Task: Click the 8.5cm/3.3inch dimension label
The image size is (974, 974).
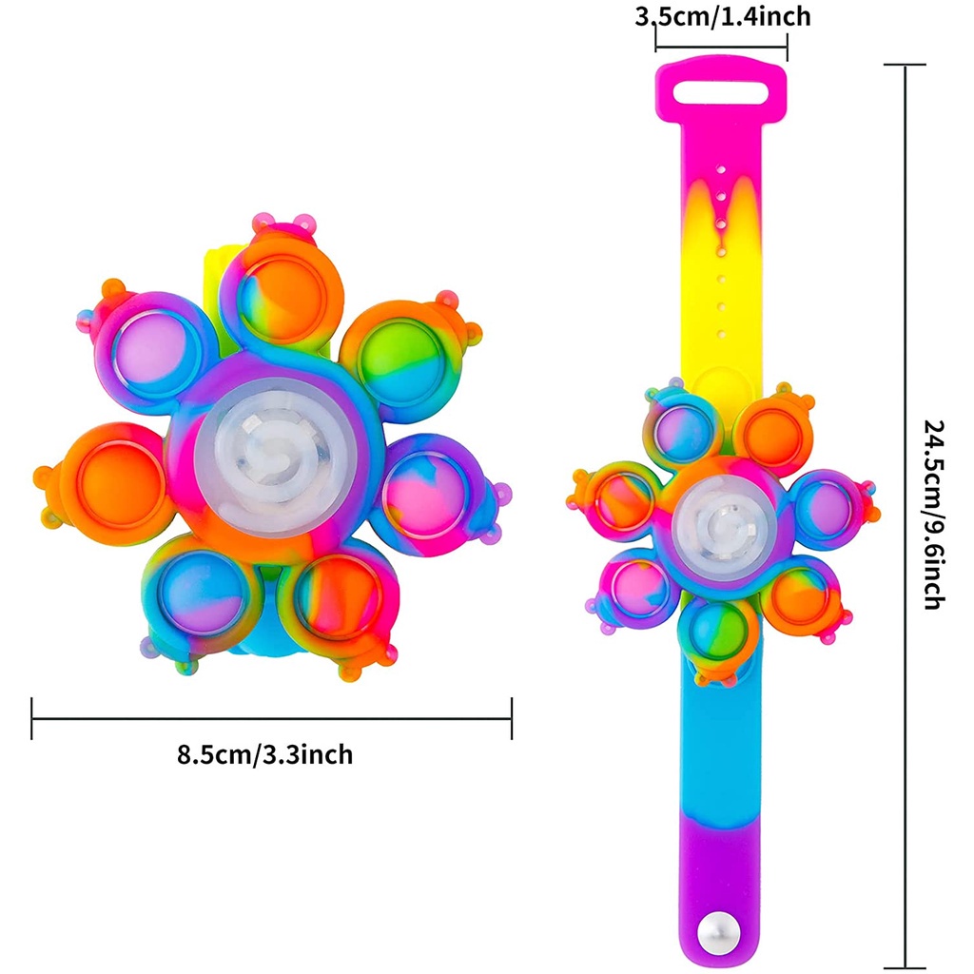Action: pyautogui.click(x=265, y=754)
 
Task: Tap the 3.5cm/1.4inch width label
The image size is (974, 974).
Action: pyautogui.click(x=723, y=17)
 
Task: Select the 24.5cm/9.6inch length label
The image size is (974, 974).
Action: pyautogui.click(x=934, y=515)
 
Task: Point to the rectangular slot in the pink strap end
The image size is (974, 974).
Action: pyautogui.click(x=721, y=94)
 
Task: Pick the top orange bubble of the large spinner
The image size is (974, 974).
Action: pyautogui.click(x=283, y=299)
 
